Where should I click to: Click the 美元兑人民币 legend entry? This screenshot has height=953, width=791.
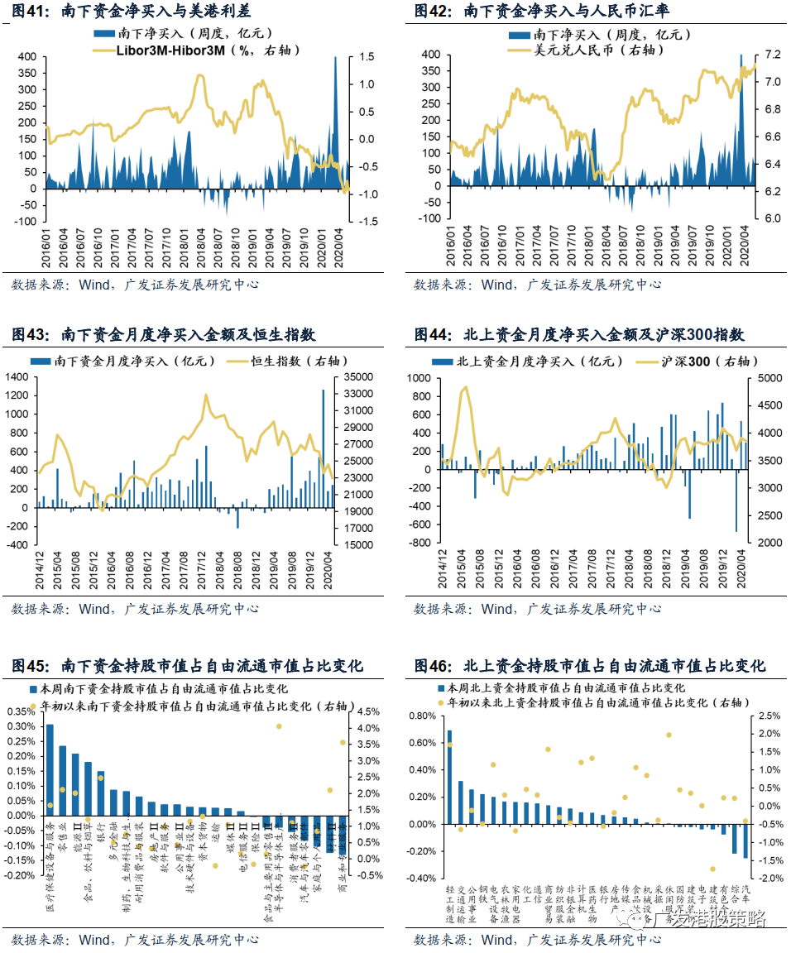pyautogui.click(x=592, y=50)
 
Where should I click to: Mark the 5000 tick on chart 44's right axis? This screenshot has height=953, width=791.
pyautogui.click(x=764, y=378)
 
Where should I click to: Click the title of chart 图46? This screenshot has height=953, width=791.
pyautogui.click(x=589, y=666)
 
